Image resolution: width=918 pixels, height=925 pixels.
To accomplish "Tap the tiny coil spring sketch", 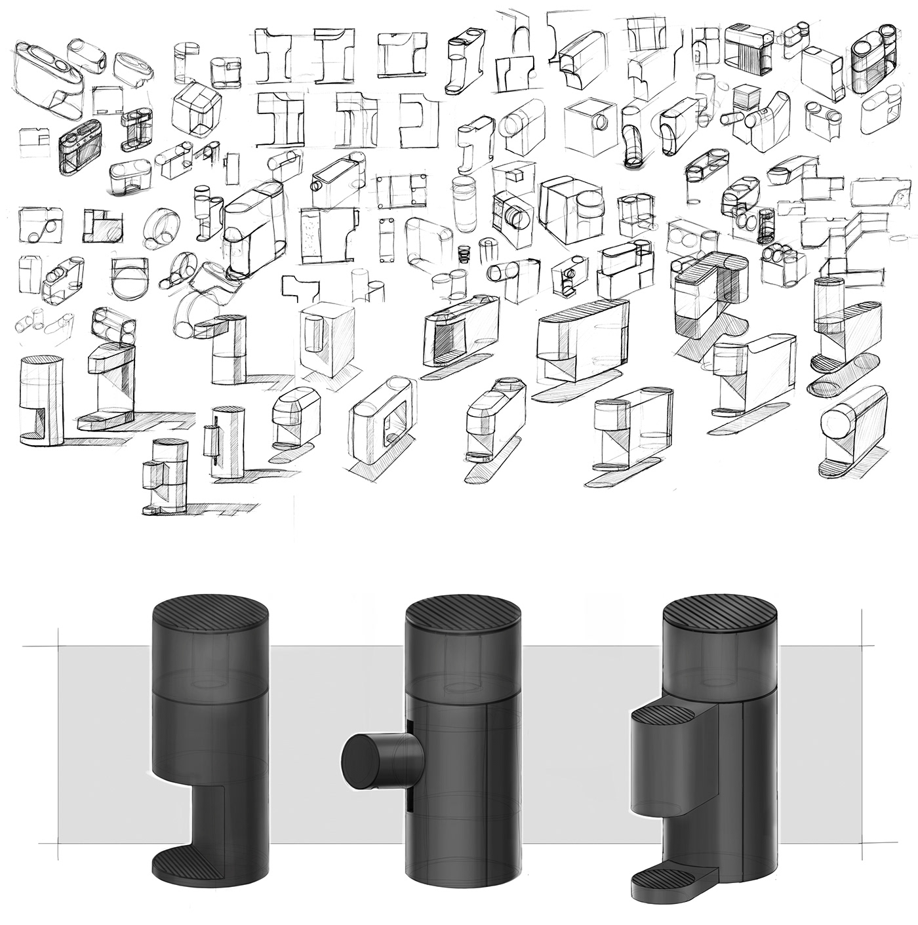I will [465, 250].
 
